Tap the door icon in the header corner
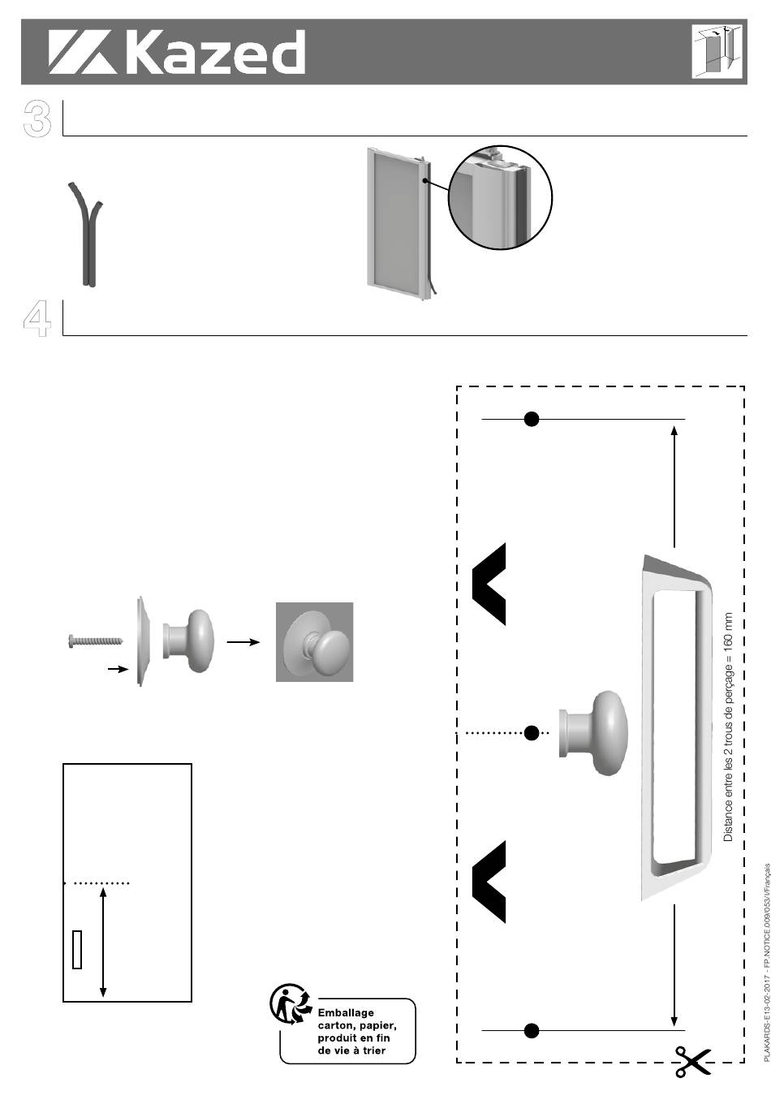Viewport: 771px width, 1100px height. click(717, 51)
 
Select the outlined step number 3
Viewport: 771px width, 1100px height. click(37, 118)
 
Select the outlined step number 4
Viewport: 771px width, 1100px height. click(37, 318)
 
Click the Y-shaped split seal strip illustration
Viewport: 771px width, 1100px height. click(85, 234)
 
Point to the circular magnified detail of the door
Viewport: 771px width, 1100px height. click(501, 197)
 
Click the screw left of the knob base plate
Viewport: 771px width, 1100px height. click(95, 641)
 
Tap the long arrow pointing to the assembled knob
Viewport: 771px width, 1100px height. click(243, 642)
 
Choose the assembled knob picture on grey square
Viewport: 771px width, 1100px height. click(314, 642)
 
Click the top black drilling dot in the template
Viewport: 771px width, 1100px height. click(532, 419)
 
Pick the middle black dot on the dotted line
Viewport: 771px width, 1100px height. click(532, 733)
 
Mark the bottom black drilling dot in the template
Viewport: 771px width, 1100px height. click(532, 1030)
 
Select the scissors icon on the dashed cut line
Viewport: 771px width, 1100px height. click(693, 1062)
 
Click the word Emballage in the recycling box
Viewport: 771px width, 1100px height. click(346, 1013)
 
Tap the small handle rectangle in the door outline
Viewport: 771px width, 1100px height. click(77, 949)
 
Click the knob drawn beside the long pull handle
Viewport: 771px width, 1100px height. click(593, 733)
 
